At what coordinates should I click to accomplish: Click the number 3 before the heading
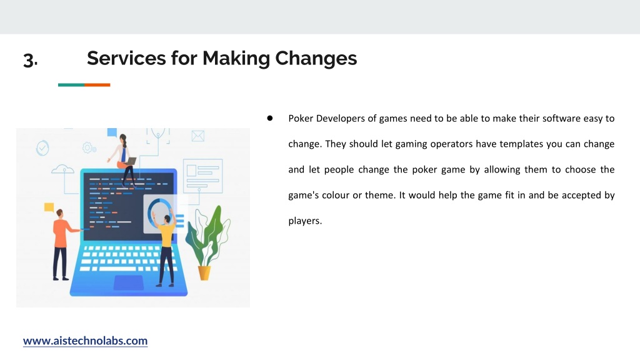(30, 60)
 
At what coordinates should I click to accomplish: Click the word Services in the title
(126, 58)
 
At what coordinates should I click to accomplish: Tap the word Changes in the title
(316, 59)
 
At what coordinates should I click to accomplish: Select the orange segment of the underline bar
(97, 85)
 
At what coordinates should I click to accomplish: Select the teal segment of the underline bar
(71, 85)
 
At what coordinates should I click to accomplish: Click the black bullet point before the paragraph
(270, 118)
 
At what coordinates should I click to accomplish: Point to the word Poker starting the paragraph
(301, 118)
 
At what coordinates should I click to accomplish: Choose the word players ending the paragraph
(305, 221)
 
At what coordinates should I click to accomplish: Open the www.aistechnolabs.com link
(85, 341)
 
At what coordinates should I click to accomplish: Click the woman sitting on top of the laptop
(123, 159)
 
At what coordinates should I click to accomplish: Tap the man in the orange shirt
(61, 244)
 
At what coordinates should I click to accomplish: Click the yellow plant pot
(204, 272)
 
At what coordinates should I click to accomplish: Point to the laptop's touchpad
(128, 282)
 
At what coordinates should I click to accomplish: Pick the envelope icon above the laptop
(198, 136)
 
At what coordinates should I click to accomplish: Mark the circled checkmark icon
(42, 147)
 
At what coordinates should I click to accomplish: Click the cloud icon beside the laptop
(63, 169)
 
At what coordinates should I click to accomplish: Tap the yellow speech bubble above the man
(49, 207)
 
